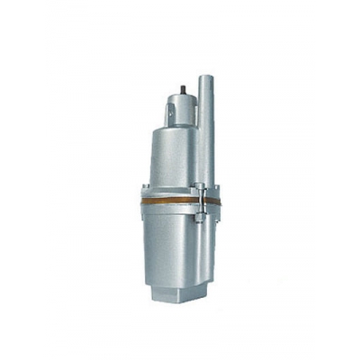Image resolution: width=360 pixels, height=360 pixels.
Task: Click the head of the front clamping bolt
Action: (x=202, y=185)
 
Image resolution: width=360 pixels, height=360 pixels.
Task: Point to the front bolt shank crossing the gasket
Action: (x=202, y=198)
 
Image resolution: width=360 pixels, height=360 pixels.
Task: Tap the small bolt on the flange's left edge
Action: (x=142, y=189)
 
